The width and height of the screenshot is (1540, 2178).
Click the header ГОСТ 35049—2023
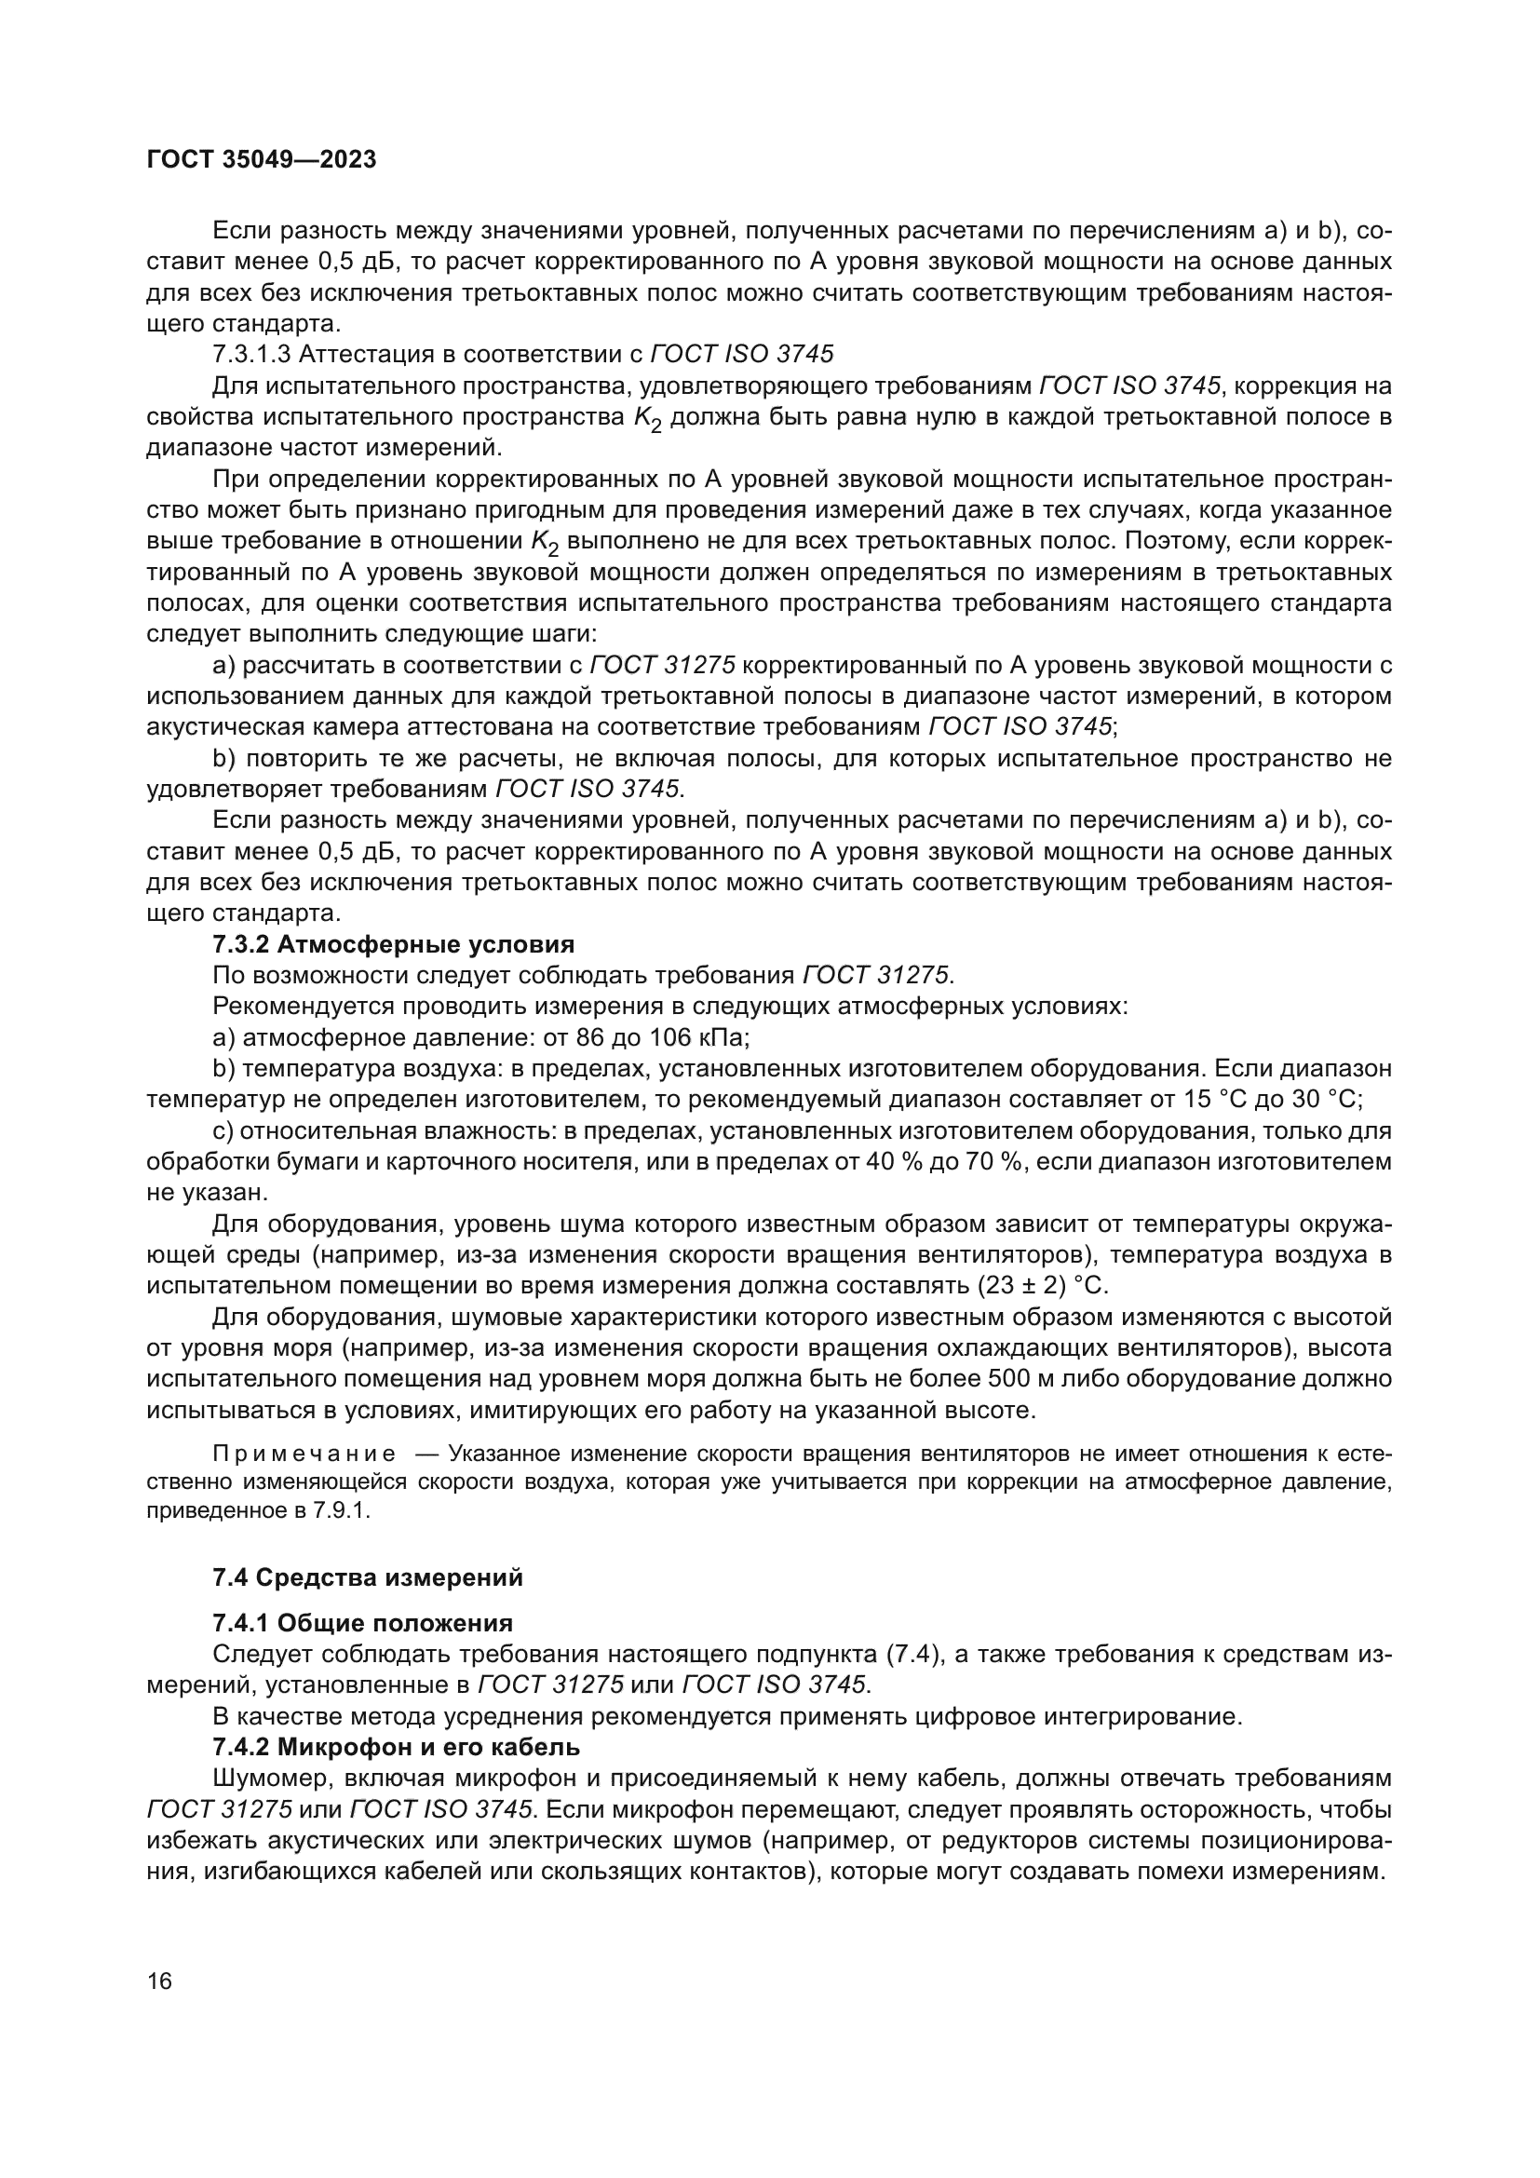(261, 159)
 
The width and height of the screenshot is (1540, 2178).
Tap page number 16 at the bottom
(159, 1981)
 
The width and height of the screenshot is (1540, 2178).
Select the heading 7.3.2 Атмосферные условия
(394, 945)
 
